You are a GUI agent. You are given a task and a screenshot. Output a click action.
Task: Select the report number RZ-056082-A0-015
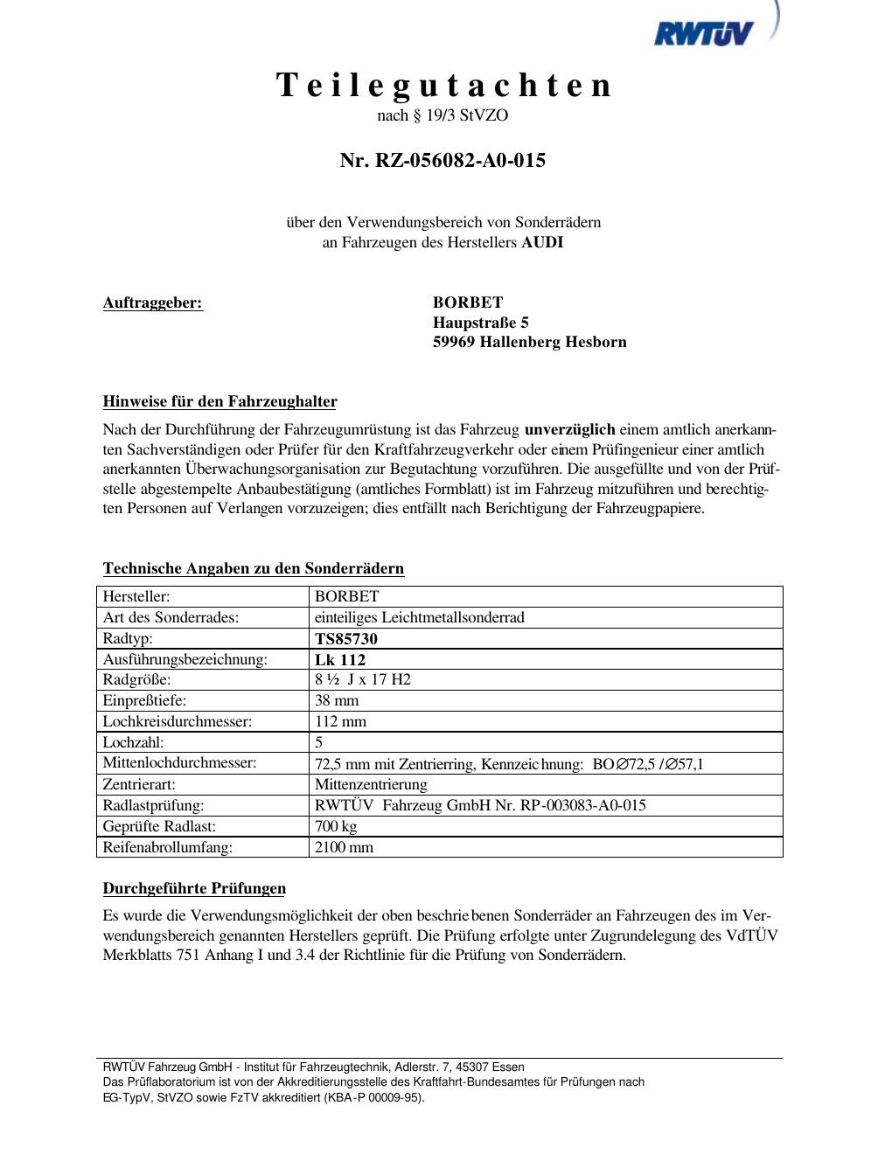443,160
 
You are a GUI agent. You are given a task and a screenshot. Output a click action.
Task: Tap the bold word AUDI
542,242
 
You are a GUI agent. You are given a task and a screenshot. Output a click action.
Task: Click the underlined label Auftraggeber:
153,302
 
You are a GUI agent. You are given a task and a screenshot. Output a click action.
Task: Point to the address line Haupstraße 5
481,322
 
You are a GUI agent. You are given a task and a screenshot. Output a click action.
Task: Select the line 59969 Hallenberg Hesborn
529,342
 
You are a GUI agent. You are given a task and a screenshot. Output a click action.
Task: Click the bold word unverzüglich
569,430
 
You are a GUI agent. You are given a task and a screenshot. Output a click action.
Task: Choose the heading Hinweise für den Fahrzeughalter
220,402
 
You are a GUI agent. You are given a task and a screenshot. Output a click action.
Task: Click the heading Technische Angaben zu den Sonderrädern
254,568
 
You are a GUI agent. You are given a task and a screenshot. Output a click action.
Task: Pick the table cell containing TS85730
346,638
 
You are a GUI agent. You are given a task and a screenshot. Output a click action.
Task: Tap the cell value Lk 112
340,659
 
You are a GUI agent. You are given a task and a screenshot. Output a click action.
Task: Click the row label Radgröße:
137,679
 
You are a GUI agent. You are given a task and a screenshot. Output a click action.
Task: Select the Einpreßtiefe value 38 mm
337,700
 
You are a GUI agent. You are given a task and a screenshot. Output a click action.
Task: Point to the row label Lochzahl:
134,742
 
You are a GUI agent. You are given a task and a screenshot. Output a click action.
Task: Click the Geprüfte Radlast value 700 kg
336,826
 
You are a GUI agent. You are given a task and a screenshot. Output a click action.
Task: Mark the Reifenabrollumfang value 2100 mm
344,847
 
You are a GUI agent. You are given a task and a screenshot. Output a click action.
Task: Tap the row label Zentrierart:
139,784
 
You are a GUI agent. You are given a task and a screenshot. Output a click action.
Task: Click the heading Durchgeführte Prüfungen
194,888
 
